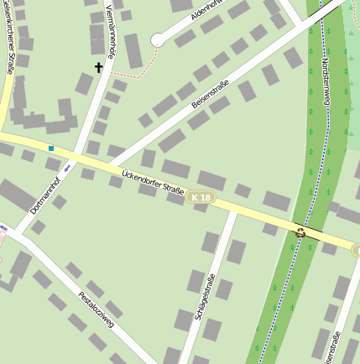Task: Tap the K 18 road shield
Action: click(x=201, y=197)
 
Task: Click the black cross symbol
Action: click(x=98, y=67)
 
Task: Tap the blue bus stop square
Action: click(x=51, y=148)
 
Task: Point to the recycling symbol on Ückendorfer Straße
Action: click(x=300, y=232)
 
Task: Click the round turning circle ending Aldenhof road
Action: click(x=158, y=39)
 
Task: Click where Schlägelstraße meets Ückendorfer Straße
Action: click(x=232, y=209)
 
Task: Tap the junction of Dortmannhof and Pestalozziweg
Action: click(x=15, y=231)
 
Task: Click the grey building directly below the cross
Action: click(x=84, y=83)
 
